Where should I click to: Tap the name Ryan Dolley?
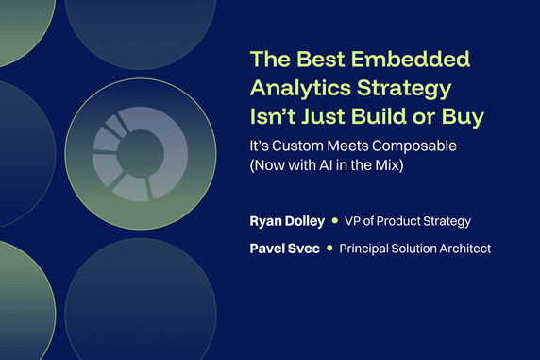(284, 221)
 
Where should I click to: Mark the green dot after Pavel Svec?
(329, 249)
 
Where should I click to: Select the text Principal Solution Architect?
(415, 249)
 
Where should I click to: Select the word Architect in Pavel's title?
(463, 249)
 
